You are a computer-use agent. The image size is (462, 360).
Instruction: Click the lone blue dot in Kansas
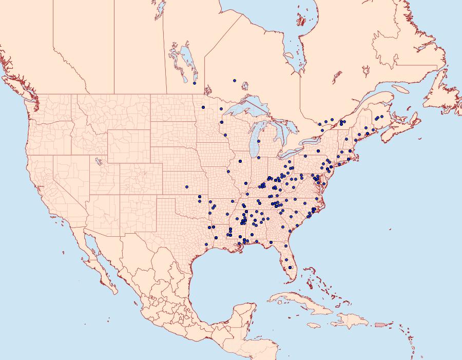(187, 186)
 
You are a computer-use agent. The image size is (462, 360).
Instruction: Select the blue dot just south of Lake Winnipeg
(195, 83)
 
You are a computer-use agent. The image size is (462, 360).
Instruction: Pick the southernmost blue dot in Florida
(290, 267)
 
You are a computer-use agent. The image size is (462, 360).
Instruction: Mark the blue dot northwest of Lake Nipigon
(234, 81)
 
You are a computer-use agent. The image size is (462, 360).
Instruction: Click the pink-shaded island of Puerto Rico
(380, 324)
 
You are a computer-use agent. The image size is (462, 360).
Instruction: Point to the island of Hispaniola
(352, 321)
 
